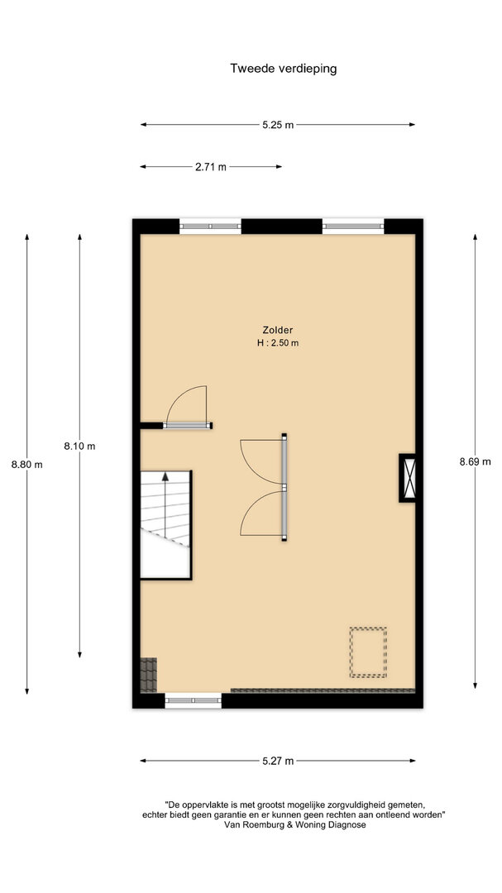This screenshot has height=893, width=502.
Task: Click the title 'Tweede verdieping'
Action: pos(283,69)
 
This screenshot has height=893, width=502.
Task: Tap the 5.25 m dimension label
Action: pos(278,126)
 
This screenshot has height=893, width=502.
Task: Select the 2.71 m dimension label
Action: pos(211,167)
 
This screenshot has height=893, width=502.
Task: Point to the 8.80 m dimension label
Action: pos(26,464)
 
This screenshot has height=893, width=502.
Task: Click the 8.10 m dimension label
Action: pos(79,446)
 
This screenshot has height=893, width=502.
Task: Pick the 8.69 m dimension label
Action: pos(475,462)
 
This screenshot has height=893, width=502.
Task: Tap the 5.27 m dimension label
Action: pos(278,761)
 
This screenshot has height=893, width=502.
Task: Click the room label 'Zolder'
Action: pos(278,330)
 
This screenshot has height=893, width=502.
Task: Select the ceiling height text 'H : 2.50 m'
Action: pos(278,343)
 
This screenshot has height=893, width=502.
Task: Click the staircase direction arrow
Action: pos(165,504)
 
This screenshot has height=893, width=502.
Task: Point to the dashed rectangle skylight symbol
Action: pos(368,652)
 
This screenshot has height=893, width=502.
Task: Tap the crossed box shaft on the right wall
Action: pos(408,478)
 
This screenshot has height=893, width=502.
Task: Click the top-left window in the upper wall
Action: pos(210,226)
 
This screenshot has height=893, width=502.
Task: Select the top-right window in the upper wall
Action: pos(353,226)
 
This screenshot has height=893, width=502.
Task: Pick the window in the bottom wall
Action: pos(194,700)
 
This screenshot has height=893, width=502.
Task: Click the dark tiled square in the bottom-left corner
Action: pos(148,675)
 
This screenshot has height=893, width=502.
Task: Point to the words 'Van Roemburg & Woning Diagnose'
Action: pos(295,824)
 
